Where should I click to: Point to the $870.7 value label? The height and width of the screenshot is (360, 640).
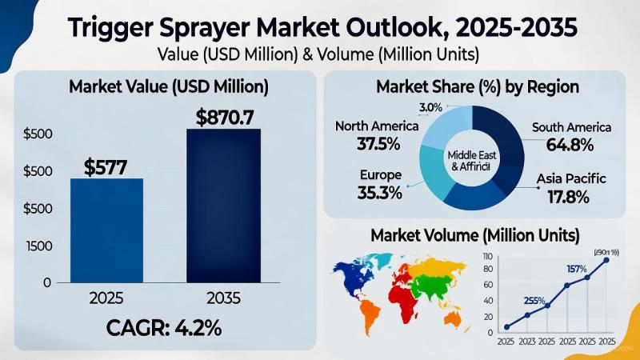225,118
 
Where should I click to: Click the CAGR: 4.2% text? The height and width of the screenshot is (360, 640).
164,329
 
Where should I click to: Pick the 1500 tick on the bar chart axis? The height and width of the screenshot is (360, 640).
37,246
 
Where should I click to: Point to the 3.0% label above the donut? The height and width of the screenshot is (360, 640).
430,106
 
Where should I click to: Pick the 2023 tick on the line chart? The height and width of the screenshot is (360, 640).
527,342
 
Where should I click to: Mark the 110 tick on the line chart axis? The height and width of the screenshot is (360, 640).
488,254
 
